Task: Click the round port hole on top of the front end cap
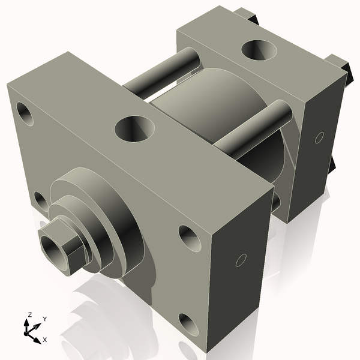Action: click(x=135, y=128)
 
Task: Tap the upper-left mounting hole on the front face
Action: click(x=25, y=112)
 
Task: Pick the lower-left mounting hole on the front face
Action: click(x=40, y=201)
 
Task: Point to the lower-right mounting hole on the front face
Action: click(x=191, y=325)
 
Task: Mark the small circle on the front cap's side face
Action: click(x=241, y=260)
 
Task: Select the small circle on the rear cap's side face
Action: click(x=319, y=137)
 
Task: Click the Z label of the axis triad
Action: click(x=29, y=315)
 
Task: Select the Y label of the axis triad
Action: click(x=45, y=319)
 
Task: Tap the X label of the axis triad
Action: click(x=46, y=340)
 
